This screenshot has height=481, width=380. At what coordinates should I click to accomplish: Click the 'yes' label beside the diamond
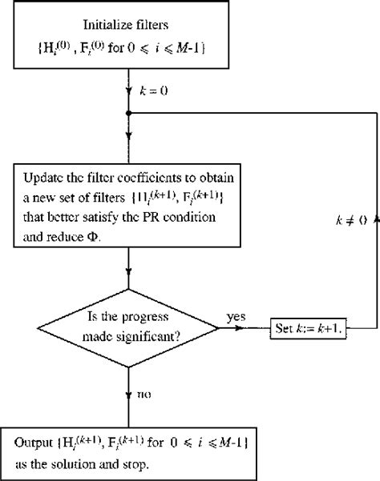(x=236, y=317)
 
